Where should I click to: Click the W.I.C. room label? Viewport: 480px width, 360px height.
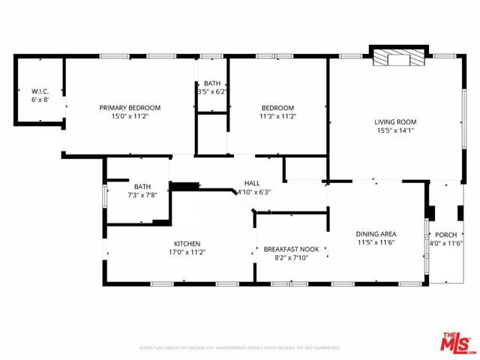(40, 91)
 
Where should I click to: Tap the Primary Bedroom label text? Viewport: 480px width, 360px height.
(130, 107)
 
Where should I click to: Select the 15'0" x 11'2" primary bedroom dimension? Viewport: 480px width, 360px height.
(130, 116)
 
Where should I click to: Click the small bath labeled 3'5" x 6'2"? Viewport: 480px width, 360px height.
(211, 87)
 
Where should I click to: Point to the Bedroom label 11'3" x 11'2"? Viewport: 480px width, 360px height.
(277, 112)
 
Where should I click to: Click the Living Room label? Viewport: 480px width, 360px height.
(395, 121)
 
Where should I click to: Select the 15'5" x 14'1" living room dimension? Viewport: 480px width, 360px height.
(395, 130)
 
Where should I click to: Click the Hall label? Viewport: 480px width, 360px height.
(252, 183)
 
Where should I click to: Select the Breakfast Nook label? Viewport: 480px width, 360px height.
(292, 249)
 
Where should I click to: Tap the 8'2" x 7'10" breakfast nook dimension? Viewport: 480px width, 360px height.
(292, 258)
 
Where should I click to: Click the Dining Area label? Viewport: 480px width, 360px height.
(376, 233)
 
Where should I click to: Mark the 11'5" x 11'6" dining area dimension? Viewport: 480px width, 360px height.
(376, 242)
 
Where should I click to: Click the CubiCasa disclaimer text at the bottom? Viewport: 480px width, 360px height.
(240, 348)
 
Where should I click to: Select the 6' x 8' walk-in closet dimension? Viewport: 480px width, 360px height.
(40, 100)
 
